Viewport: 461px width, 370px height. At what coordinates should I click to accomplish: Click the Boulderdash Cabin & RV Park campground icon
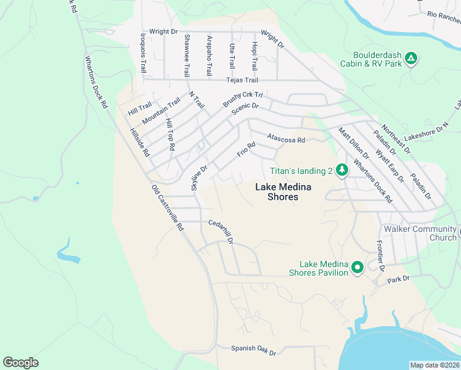[x=411, y=59]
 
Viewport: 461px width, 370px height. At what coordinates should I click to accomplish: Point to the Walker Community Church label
[x=420, y=233]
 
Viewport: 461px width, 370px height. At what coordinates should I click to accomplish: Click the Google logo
[x=20, y=363]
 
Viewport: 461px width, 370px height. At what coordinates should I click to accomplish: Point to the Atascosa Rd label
[x=286, y=140]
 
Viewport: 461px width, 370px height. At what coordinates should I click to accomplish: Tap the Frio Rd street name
[x=247, y=149]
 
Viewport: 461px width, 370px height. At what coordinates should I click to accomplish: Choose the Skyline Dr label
[x=201, y=177]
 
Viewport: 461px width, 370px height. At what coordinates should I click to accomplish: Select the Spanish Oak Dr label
[x=253, y=350]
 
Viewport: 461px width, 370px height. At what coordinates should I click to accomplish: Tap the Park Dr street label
[x=398, y=279]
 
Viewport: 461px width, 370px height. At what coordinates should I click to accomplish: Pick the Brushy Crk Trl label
[x=243, y=99]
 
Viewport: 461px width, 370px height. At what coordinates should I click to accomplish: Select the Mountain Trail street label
[x=161, y=110]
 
